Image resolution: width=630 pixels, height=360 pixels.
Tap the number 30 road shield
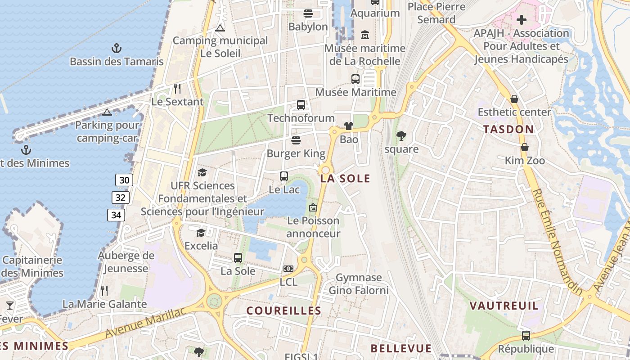[x=124, y=180]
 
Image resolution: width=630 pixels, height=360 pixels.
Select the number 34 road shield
[x=116, y=215]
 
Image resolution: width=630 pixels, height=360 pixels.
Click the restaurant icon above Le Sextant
[x=177, y=88]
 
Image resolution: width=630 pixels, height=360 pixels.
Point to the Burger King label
[x=296, y=153]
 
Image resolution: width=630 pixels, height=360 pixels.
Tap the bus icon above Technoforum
[x=301, y=105]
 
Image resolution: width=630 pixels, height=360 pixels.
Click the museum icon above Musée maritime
[x=365, y=35]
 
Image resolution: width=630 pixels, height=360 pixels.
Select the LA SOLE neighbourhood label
[x=345, y=179]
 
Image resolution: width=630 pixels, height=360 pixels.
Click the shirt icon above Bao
[x=349, y=126]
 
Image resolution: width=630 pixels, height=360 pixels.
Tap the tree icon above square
[x=401, y=135]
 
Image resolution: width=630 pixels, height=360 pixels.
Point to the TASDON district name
[x=508, y=130]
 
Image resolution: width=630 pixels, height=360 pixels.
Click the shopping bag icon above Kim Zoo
[x=525, y=147]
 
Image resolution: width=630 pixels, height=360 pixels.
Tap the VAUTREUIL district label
[x=504, y=306]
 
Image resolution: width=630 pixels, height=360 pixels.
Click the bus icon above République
[x=526, y=335]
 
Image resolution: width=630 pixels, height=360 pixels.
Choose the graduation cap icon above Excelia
[x=201, y=232]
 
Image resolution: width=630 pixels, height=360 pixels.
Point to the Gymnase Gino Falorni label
[x=359, y=284]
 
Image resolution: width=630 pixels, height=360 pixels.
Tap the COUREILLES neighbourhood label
[x=284, y=310]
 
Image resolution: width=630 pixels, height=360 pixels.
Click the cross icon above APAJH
[x=522, y=20]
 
